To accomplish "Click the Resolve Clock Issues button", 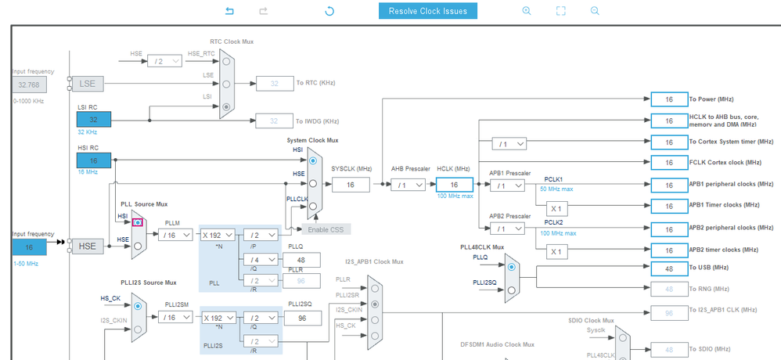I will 427,11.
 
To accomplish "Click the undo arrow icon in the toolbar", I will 230,11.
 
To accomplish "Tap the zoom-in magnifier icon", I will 527,11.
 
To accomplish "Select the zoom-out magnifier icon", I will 595,11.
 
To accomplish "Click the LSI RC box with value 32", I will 94,120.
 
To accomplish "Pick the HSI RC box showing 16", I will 94,160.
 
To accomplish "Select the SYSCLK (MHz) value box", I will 351,185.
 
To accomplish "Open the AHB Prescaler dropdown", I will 409,185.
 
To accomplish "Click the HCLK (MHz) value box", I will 455,185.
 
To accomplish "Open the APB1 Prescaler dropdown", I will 507,185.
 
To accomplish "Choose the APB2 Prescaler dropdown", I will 507,229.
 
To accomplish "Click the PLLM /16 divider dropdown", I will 177,234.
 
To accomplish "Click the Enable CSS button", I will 326,229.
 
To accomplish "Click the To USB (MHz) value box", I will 669,268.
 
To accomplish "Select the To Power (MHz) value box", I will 669,99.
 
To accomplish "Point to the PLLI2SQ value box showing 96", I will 300,319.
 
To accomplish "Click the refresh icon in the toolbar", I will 329,11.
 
